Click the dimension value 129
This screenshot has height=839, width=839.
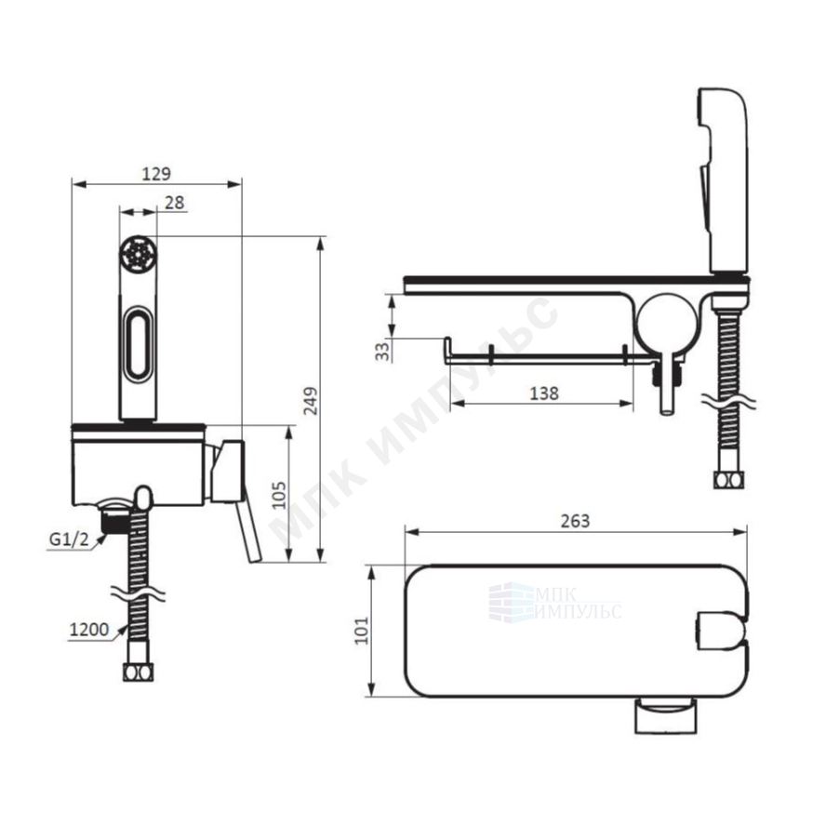156,174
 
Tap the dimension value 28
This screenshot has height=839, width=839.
175,203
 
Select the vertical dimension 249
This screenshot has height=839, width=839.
311,401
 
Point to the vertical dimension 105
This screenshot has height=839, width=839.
279,495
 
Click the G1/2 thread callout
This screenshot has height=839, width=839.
69,539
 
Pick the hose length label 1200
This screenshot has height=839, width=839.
89,630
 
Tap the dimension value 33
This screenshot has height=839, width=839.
382,352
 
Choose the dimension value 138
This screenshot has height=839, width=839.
544,393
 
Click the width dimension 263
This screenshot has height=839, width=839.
575,521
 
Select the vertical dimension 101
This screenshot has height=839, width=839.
362,631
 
